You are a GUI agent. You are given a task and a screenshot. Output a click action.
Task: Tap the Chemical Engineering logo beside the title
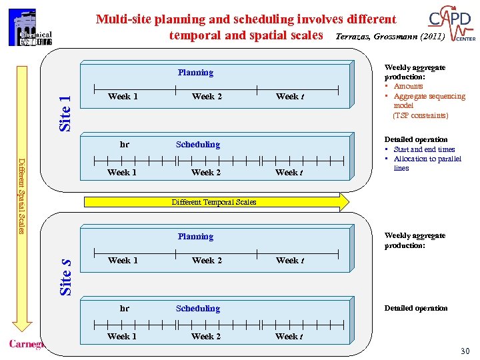(x=31, y=27)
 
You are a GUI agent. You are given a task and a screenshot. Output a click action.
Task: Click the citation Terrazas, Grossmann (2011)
(x=389, y=37)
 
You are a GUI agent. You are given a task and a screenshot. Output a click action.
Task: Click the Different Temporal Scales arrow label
(x=213, y=202)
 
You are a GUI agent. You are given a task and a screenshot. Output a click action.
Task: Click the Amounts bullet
(x=408, y=86)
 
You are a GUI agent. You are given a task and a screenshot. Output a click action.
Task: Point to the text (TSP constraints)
(x=420, y=115)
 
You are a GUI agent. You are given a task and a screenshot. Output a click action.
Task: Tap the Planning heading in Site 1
(x=195, y=73)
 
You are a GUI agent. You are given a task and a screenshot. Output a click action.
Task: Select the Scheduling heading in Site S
(x=197, y=309)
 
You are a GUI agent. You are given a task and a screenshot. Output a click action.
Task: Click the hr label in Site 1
(x=124, y=145)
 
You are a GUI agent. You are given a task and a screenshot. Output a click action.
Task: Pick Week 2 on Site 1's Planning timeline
(x=207, y=97)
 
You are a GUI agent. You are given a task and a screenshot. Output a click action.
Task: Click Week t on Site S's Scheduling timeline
(x=289, y=337)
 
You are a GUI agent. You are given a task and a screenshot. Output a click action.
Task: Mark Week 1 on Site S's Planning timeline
(x=123, y=261)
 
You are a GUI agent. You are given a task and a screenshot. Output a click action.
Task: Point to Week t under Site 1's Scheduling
(x=289, y=173)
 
